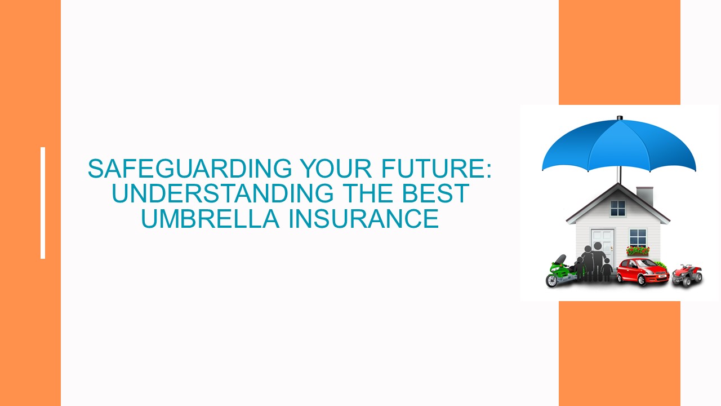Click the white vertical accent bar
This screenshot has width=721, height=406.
(x=43, y=203)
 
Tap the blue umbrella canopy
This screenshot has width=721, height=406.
(x=618, y=144)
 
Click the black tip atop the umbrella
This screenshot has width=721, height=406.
(x=620, y=118)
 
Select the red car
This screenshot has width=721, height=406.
(x=641, y=271)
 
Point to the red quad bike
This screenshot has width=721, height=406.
(x=687, y=275)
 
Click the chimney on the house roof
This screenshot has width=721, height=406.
(x=644, y=196)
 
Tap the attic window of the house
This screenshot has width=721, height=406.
(x=618, y=208)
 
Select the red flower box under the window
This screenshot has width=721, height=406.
(x=638, y=250)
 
